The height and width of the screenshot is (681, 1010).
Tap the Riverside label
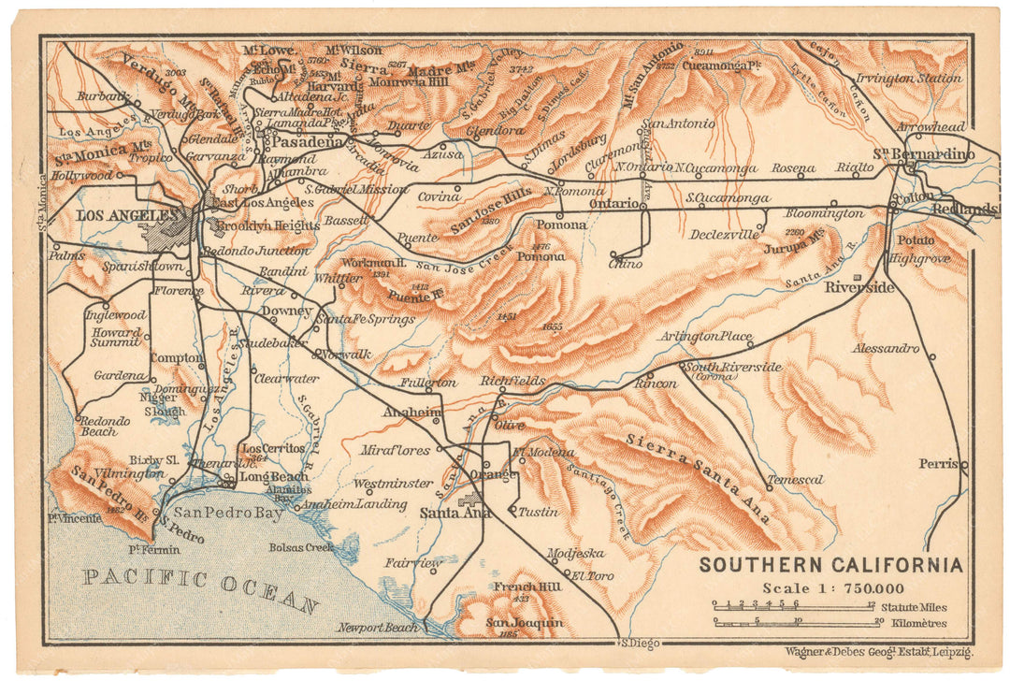858,287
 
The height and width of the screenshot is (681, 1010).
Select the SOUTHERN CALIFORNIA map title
830,565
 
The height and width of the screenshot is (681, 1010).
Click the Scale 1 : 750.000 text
832,588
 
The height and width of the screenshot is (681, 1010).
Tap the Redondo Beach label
98,427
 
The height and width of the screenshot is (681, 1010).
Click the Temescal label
795,481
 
